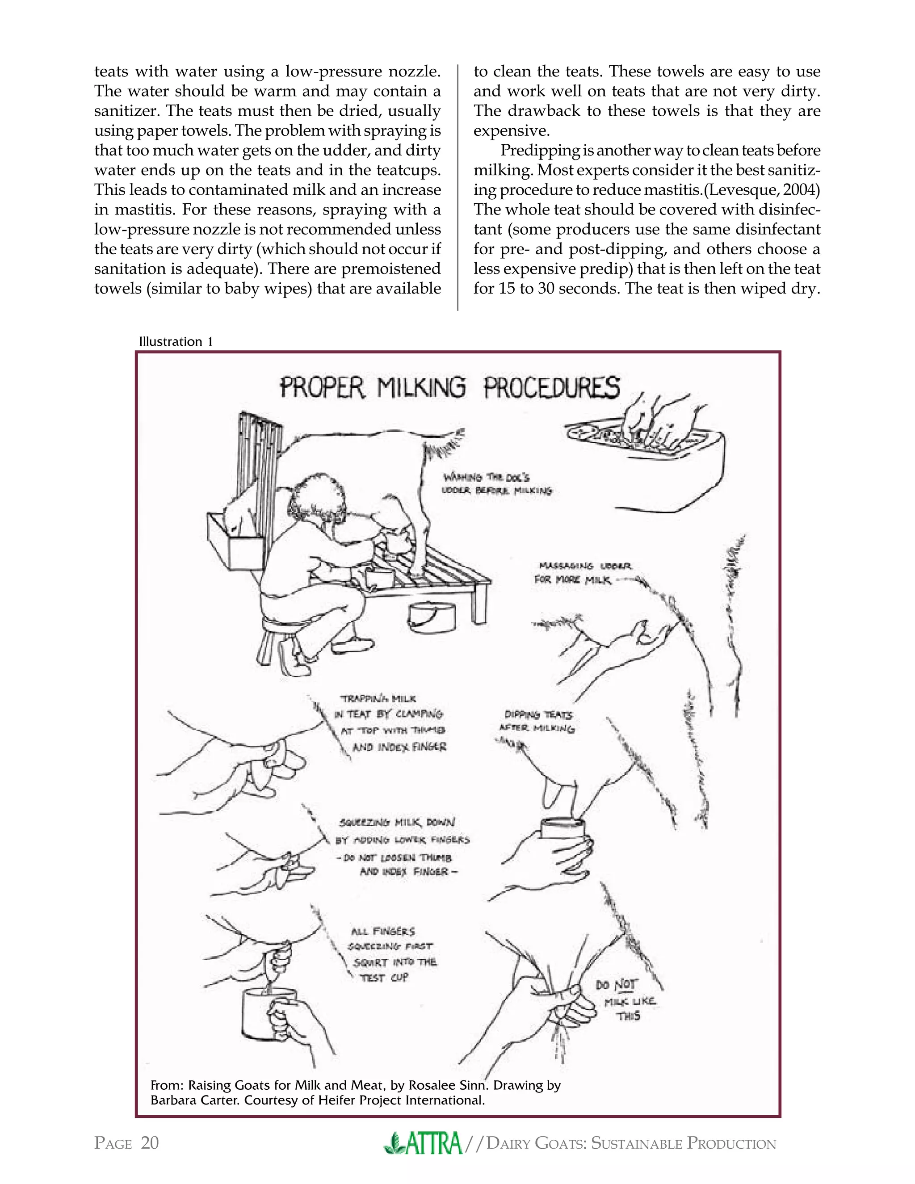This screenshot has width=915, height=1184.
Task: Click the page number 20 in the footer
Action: tap(150, 1143)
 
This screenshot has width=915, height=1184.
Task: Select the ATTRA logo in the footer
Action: tap(424, 1143)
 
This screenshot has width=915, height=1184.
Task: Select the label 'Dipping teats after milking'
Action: tap(537, 722)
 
